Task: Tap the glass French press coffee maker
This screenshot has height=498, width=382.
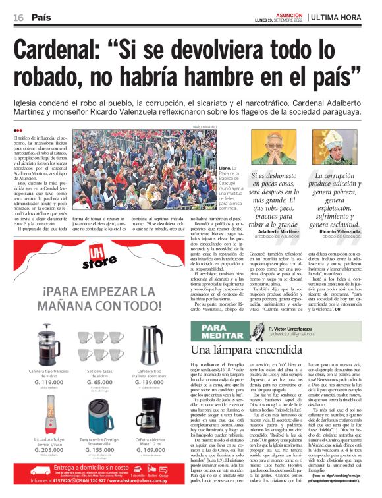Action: point(45,342)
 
